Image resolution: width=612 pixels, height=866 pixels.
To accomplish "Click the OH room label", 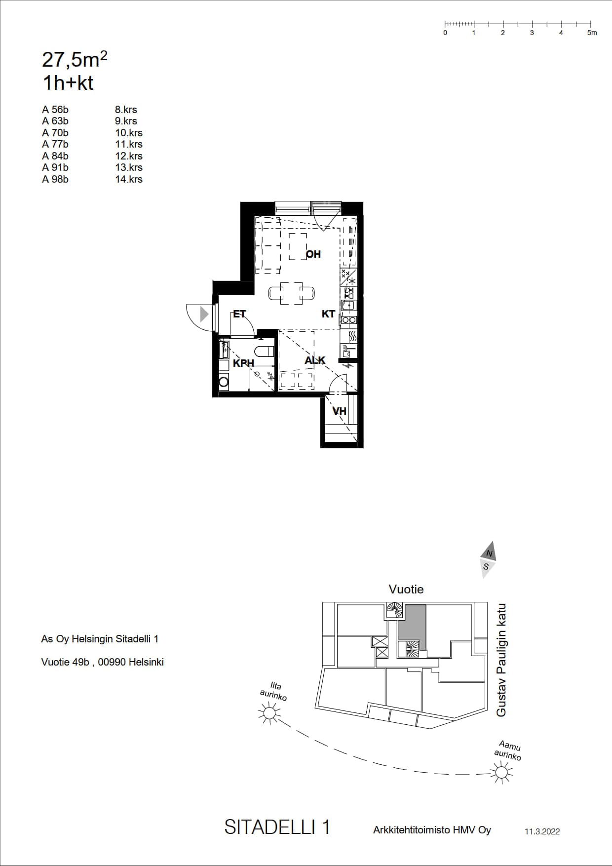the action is (313, 254).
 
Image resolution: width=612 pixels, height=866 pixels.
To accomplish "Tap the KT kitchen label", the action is (328, 314).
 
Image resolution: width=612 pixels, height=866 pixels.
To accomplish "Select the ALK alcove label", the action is (315, 360).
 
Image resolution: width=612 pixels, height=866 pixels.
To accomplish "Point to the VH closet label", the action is (339, 411).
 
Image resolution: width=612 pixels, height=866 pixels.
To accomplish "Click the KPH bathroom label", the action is (243, 363).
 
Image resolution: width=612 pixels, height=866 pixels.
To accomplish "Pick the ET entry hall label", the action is (239, 314).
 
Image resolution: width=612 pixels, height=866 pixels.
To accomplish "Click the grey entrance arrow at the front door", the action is (204, 314).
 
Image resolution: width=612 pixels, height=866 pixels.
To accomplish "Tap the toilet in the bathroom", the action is (264, 351).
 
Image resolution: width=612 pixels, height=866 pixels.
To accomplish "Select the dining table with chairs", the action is (292, 293).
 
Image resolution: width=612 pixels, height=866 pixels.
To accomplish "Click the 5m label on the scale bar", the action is (592, 33).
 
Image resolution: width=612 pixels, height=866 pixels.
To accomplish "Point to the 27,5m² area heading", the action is (75, 59).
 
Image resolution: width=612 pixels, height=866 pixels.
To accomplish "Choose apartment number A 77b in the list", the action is (55, 144).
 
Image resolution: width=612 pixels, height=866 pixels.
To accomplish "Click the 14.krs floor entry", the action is (129, 179).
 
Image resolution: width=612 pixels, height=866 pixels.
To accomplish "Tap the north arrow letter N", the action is (489, 553).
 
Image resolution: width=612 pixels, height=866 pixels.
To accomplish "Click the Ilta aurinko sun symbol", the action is (269, 713).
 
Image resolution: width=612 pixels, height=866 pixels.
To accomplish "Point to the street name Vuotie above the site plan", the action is (406, 589).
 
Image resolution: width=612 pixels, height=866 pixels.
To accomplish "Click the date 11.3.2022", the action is (542, 831).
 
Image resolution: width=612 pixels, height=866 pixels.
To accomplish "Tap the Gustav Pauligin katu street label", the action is (501, 660).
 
